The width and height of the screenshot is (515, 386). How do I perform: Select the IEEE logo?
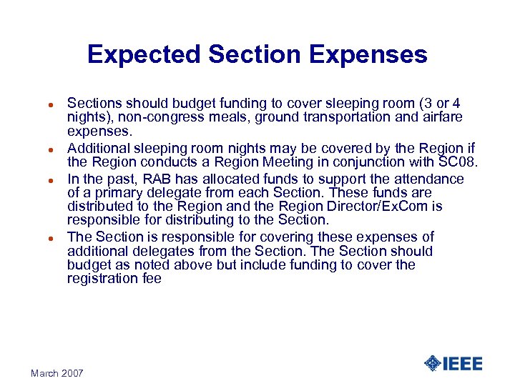tap(453, 363)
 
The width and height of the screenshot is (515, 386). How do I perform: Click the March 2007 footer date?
tap(57, 373)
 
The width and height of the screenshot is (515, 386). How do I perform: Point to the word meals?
tap(206, 117)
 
